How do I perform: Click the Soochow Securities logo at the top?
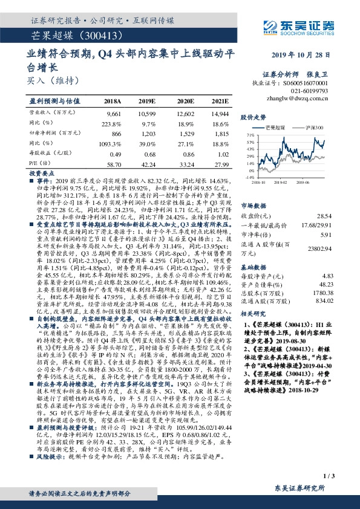tap(301, 26)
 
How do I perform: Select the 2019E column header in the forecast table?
tap(147, 101)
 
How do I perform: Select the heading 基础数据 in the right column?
tap(254, 267)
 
